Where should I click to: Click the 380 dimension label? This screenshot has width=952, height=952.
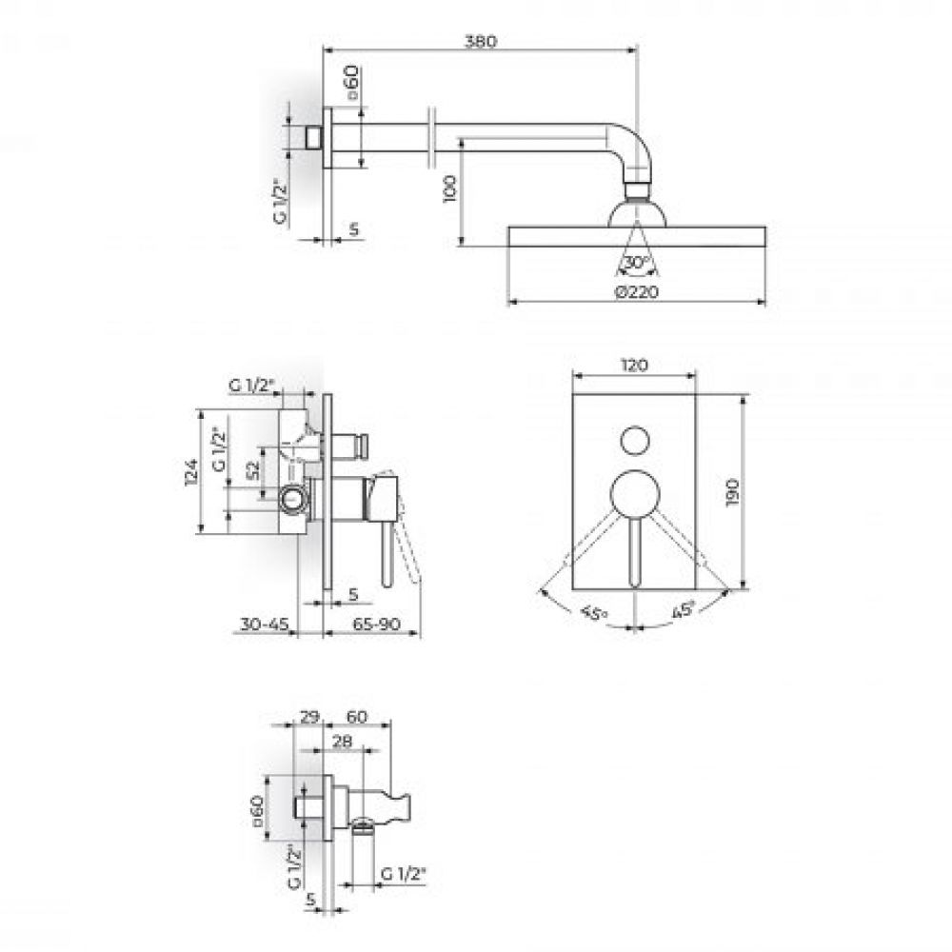pyautogui.click(x=480, y=41)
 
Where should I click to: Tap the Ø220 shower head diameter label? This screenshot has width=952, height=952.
pyautogui.click(x=636, y=292)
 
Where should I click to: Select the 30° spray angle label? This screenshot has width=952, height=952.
pyautogui.click(x=636, y=263)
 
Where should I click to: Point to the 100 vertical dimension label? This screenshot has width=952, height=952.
pyautogui.click(x=450, y=188)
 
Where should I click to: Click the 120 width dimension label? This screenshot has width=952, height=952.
pyautogui.click(x=634, y=366)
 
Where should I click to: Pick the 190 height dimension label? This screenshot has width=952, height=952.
pyautogui.click(x=731, y=492)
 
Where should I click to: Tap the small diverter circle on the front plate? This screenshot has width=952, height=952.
pyautogui.click(x=634, y=440)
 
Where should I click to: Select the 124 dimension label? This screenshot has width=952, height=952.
pyautogui.click(x=191, y=472)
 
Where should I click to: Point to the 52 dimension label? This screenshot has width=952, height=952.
pyautogui.click(x=253, y=471)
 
